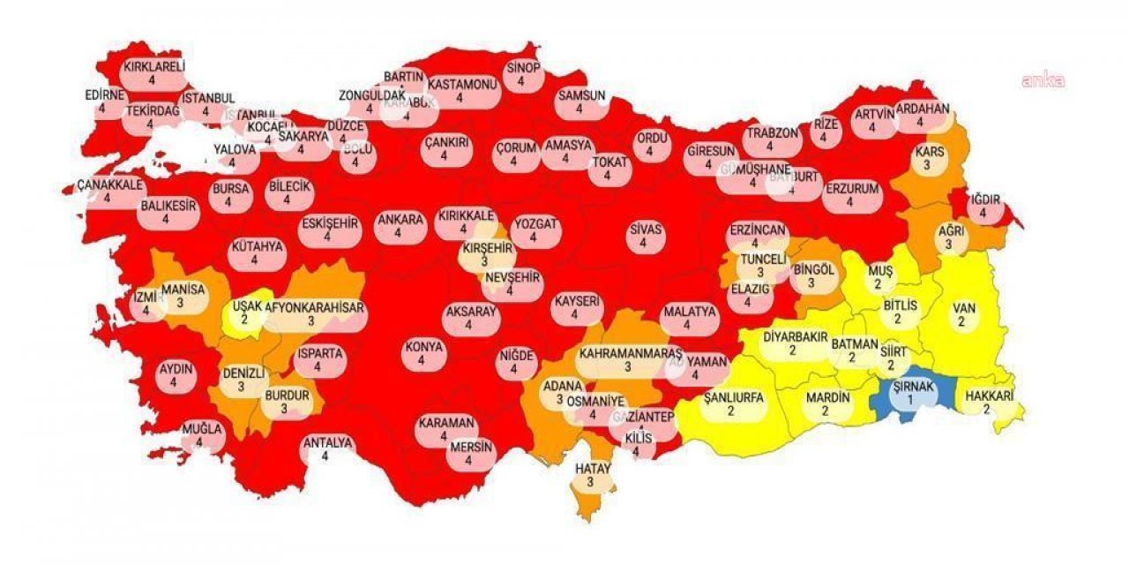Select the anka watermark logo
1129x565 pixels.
[x=1043, y=81]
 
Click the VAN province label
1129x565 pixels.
[x=961, y=315]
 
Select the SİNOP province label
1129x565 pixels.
[x=523, y=74]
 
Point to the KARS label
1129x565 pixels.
[x=929, y=157]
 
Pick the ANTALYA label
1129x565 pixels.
[x=327, y=449]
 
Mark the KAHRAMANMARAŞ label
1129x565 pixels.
[x=629, y=359]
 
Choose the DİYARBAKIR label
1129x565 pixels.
[x=792, y=343]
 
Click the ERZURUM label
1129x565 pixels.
[x=851, y=194]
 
